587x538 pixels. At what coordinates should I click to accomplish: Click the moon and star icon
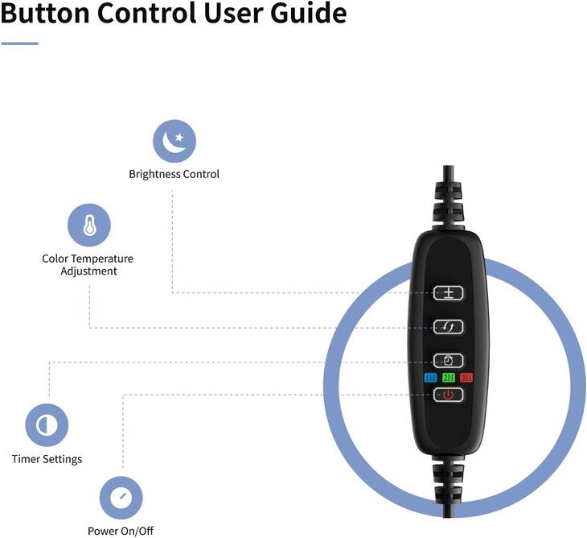[x=174, y=141]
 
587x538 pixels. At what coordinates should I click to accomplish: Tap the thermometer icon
[x=89, y=225]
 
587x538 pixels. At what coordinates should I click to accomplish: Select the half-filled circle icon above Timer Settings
[x=47, y=425]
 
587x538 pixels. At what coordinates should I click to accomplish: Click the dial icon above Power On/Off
[x=121, y=498]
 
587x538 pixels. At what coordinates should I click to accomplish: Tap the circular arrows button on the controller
[x=448, y=327]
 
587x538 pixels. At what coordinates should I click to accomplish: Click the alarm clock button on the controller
[x=448, y=361]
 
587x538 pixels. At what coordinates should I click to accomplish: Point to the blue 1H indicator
[x=430, y=378]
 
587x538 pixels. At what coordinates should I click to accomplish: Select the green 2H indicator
[x=449, y=378]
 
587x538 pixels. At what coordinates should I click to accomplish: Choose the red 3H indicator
[x=466, y=378]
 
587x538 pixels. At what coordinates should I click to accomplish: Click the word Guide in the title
[x=309, y=13]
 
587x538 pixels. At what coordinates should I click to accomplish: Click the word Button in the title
[x=45, y=13]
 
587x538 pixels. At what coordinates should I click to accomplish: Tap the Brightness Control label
[x=174, y=174]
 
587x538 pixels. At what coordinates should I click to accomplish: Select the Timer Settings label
[x=47, y=459]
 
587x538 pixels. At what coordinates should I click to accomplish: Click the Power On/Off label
[x=121, y=531]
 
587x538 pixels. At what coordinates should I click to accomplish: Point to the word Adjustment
[x=88, y=271]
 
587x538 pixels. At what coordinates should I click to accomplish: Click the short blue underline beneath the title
[x=20, y=43]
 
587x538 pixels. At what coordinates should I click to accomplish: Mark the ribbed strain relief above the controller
[x=448, y=202]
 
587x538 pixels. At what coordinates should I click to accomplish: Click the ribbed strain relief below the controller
[x=448, y=482]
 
